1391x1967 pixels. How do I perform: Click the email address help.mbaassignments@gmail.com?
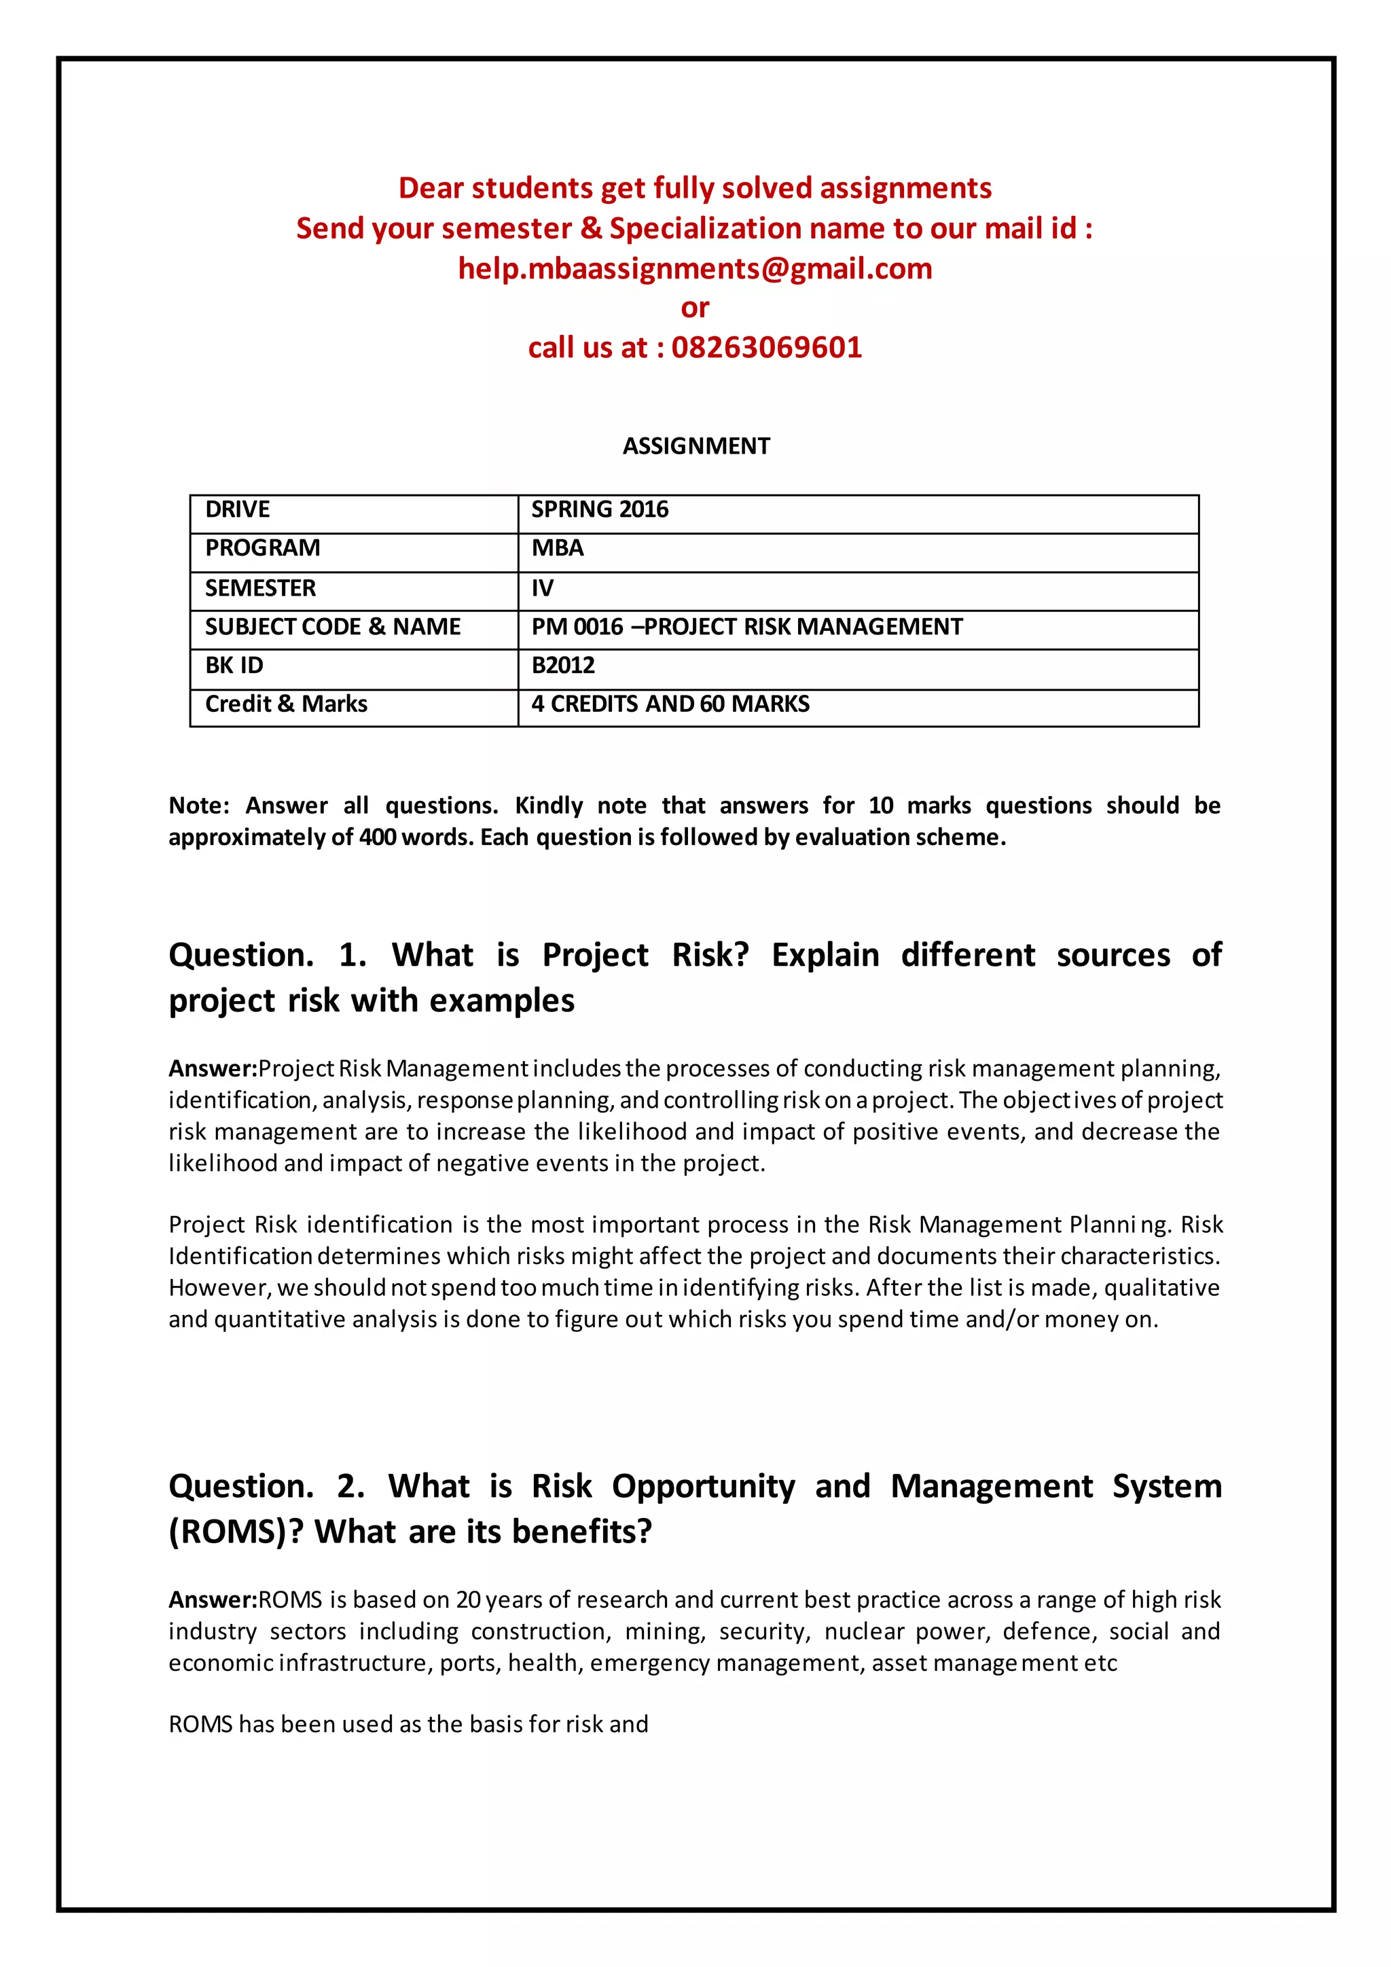click(x=695, y=268)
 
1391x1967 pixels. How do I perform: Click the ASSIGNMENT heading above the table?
click(x=695, y=446)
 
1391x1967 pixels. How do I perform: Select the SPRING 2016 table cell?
click(x=600, y=509)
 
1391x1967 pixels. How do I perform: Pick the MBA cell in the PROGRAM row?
click(x=558, y=547)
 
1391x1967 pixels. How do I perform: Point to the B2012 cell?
click(x=563, y=665)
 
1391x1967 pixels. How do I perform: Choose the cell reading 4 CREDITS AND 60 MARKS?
click(x=670, y=704)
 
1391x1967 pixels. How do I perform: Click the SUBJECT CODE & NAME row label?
click(x=332, y=626)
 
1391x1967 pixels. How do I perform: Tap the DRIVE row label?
click(x=237, y=509)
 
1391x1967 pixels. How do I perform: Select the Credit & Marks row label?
click(x=286, y=704)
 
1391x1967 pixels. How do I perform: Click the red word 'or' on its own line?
click(x=695, y=308)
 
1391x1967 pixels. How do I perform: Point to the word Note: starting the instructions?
click(x=199, y=806)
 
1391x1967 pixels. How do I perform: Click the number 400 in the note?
click(x=377, y=837)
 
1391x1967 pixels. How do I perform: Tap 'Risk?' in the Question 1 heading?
click(x=710, y=954)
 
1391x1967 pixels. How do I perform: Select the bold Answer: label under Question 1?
click(x=213, y=1068)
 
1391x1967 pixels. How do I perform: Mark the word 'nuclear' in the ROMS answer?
click(x=864, y=1631)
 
